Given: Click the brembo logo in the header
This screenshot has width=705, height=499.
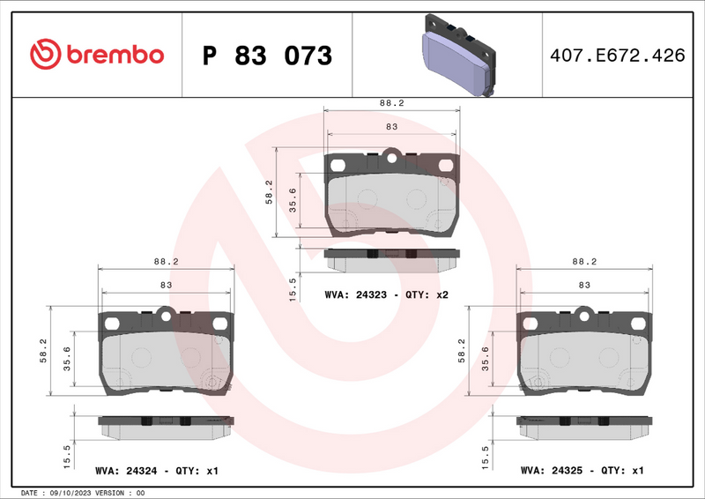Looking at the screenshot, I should pos(97,55).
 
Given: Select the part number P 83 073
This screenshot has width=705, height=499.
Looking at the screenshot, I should pos(267,56).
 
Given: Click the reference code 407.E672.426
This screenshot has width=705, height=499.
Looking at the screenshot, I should pos(616,56).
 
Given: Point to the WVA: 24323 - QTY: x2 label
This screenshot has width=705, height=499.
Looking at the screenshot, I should pos(387,294).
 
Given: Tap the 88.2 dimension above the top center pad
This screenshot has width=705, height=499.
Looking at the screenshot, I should pos(391,103).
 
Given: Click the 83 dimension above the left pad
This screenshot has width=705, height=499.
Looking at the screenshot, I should pos(166,285).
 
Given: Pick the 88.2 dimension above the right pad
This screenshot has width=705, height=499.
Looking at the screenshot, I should pos(584,262).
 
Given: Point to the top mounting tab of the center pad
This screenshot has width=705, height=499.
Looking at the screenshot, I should pos(393,159).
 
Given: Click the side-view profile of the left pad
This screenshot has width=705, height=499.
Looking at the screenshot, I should pos(164,423).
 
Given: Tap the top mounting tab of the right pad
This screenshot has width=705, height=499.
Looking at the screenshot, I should pos(585,313).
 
